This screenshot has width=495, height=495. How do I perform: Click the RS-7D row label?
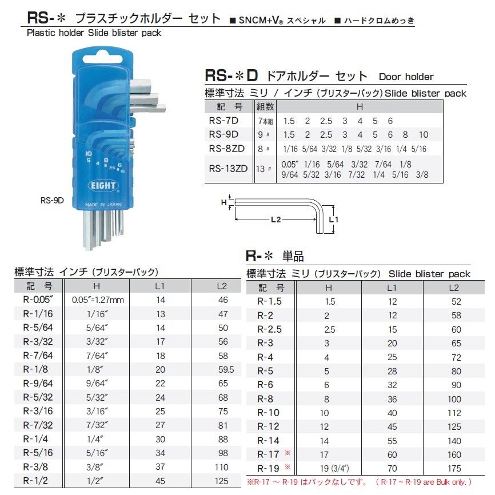click(224, 121)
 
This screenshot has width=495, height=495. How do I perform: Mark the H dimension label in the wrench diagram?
click(223, 202)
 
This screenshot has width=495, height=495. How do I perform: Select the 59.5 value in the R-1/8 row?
click(223, 369)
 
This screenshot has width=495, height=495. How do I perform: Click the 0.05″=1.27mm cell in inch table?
click(98, 300)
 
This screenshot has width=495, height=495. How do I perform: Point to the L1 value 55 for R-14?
click(392, 441)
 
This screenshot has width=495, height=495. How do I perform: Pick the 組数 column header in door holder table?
click(265, 107)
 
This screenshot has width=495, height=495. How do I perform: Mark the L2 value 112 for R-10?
click(453, 413)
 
